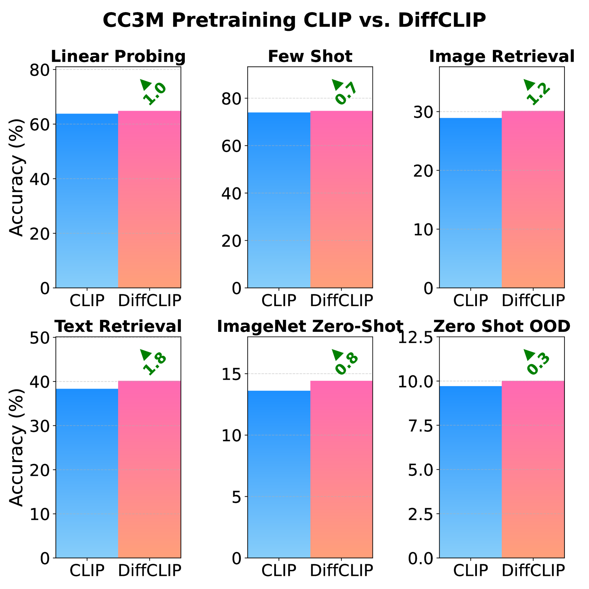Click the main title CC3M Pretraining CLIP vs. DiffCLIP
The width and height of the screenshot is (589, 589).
point(294,20)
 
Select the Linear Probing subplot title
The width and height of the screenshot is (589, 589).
point(118,57)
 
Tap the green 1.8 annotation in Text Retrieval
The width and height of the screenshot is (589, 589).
point(155,364)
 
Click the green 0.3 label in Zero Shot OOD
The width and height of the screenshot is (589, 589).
point(538,364)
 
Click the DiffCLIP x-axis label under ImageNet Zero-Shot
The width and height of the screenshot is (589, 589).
point(341,570)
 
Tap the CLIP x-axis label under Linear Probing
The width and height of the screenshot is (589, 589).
point(87,301)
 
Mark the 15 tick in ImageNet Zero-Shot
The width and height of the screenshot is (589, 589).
point(232,374)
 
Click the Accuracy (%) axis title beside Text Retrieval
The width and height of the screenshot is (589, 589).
point(16,448)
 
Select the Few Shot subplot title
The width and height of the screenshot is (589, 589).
point(310,57)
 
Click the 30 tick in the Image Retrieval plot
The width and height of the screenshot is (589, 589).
point(423,112)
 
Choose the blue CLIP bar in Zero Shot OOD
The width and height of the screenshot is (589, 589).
point(471,472)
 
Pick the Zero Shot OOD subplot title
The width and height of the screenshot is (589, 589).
point(501,327)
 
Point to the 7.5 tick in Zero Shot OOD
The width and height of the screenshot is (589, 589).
point(421,426)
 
